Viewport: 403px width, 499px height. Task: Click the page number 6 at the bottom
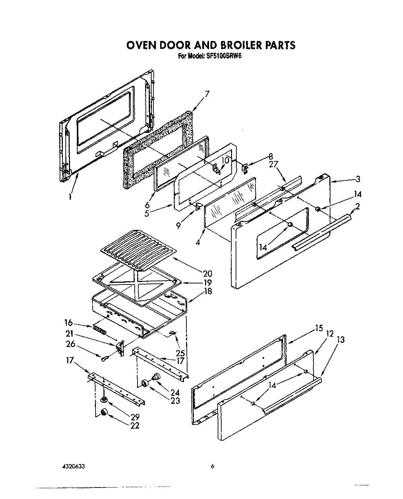point(212,466)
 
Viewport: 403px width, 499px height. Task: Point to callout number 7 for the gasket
point(207,94)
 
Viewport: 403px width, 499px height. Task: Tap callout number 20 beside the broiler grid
point(207,273)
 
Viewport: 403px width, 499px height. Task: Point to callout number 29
point(135,417)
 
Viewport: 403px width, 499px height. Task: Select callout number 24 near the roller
point(175,392)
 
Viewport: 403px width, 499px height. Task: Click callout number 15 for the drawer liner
point(319,328)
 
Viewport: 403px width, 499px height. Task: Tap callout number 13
point(341,339)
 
